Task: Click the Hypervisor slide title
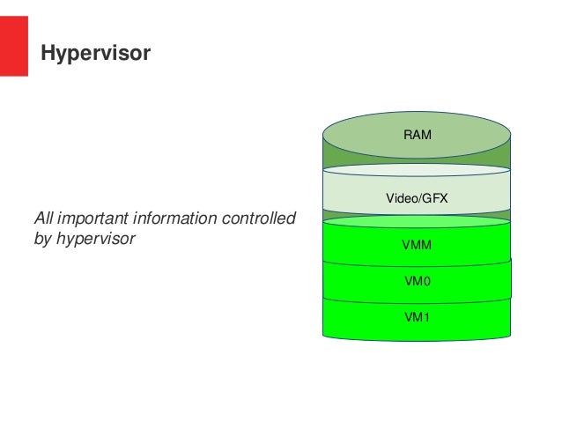pos(96,54)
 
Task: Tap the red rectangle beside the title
pos(13,46)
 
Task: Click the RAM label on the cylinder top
pos(418,135)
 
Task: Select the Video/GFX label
pos(417,198)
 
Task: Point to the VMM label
pos(417,245)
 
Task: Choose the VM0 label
pos(418,281)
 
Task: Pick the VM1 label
pos(417,317)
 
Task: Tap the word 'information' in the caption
pos(177,218)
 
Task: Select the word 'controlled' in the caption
pos(259,218)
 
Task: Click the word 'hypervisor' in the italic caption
pos(96,240)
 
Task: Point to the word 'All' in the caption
pos(44,218)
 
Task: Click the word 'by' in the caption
pos(42,240)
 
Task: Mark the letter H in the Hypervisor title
pos(48,52)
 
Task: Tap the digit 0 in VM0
pos(426,281)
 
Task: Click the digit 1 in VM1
pos(425,317)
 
